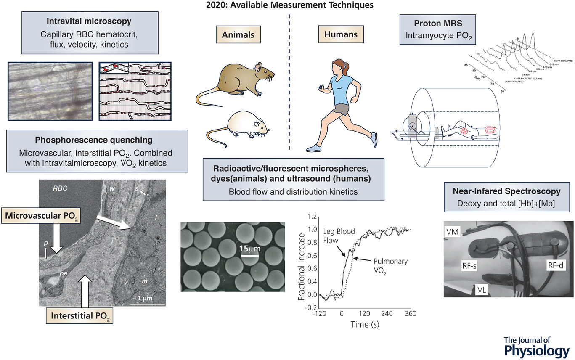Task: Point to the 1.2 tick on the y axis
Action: [310, 217]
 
